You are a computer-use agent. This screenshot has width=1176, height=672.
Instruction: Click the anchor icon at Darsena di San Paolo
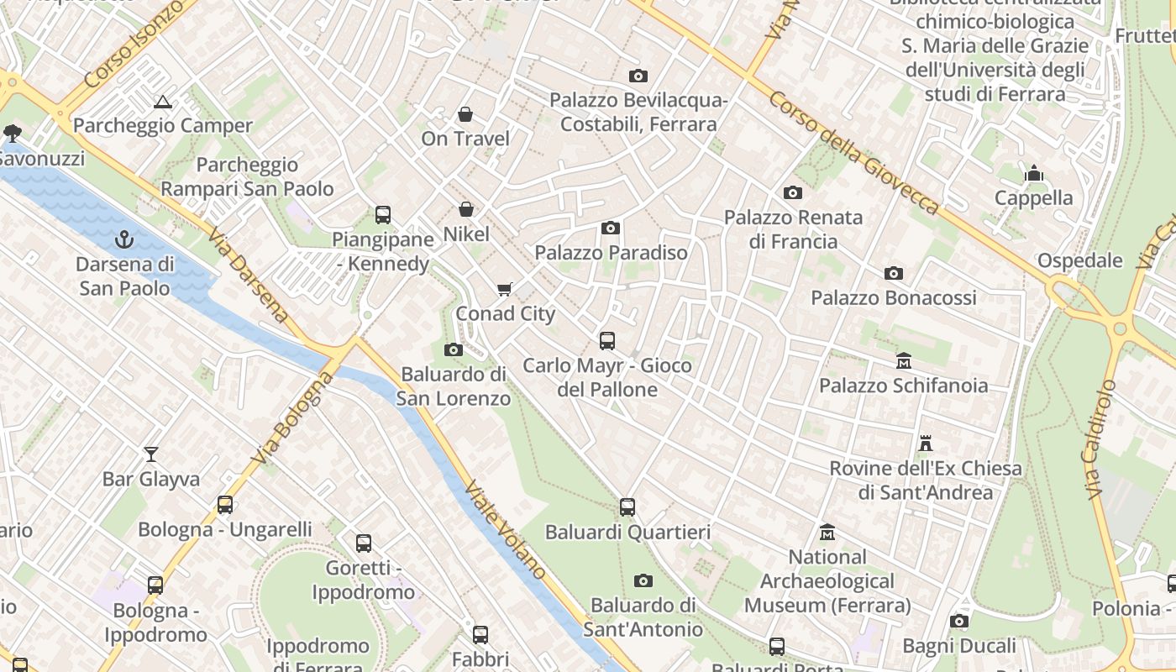(124, 239)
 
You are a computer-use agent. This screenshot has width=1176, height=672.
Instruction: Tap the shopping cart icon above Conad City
(505, 290)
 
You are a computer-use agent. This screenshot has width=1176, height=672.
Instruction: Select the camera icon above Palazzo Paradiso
(611, 228)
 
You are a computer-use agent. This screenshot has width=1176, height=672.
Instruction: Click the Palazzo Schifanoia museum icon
(904, 361)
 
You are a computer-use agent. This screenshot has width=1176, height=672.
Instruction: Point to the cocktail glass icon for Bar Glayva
(151, 454)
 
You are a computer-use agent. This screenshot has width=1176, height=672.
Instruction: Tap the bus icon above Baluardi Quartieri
(627, 507)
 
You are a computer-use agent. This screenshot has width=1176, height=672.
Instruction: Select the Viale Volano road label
(506, 530)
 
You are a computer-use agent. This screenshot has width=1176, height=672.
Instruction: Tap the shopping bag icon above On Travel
(465, 114)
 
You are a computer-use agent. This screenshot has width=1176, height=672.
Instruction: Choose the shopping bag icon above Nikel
(466, 209)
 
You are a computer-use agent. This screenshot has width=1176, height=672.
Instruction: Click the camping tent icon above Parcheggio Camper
(163, 102)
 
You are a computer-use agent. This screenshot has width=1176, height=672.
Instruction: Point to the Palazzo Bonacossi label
(894, 297)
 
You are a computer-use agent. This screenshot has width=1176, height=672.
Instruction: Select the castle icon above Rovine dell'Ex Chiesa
(926, 443)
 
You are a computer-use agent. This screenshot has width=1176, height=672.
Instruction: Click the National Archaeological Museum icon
(827, 533)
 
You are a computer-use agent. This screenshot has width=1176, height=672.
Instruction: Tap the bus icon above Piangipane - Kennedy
(383, 214)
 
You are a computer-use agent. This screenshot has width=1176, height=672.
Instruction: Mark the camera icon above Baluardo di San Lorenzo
(454, 349)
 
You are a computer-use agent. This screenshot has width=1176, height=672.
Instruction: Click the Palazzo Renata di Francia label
(794, 229)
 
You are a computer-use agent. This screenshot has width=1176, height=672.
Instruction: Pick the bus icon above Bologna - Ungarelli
(225, 504)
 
